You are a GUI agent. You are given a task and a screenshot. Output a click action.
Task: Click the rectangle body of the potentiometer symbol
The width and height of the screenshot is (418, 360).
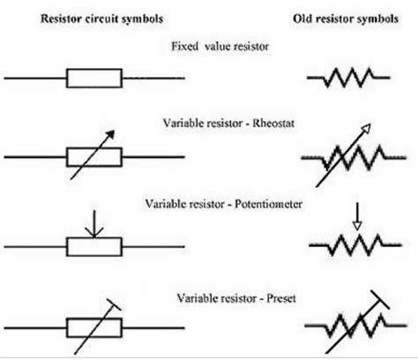click(95, 244)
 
